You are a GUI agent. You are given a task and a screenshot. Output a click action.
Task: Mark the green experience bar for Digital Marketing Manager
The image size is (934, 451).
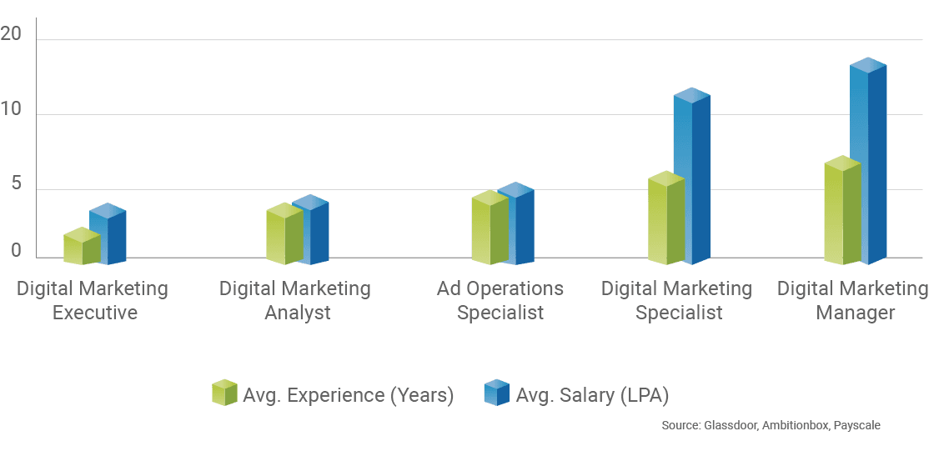pos(841,213)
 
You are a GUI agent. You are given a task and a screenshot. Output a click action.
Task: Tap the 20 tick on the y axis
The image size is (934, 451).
pos(12,34)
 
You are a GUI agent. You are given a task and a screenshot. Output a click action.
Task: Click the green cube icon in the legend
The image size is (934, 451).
pos(224,393)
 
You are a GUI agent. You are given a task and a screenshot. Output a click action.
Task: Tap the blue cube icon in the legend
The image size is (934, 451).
pos(496,393)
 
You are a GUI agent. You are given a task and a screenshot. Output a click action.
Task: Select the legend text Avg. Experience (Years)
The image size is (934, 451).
pos(348,395)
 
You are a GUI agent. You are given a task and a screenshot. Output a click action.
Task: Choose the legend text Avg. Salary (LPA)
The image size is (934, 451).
pos(591,395)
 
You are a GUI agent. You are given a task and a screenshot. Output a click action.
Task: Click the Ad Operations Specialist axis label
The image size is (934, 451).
pos(500,301)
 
